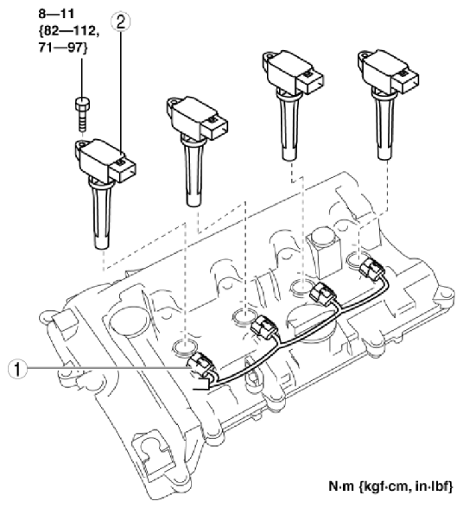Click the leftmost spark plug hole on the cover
pyautogui.click(x=184, y=348)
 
